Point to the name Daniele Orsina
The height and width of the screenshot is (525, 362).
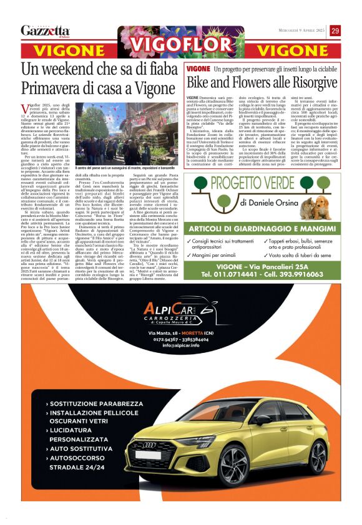tap(269, 203)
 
